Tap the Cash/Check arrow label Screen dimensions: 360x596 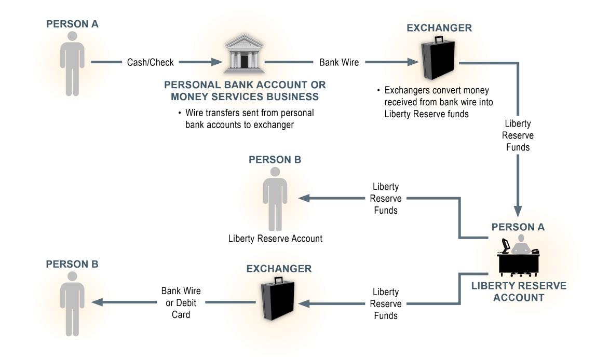point(150,62)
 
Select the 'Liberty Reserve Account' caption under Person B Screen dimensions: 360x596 point(275,239)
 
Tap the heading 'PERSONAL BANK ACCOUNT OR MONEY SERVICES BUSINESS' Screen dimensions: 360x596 point(245,90)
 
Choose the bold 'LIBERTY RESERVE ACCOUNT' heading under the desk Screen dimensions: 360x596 point(519,292)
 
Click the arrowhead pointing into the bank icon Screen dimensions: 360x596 point(216,62)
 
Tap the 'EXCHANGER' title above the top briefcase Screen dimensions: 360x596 point(439,28)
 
